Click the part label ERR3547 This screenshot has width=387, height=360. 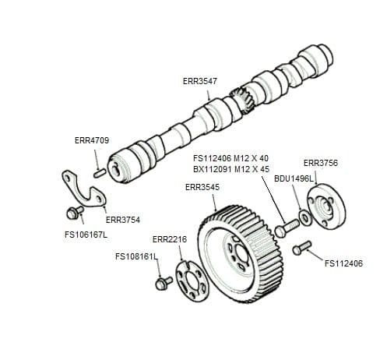click(199, 81)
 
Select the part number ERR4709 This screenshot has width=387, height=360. click(91, 141)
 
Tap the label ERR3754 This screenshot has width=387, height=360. click(122, 220)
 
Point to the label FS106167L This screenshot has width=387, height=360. click(86, 234)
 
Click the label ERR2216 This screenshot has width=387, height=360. click(169, 238)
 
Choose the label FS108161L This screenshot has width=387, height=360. click(135, 256)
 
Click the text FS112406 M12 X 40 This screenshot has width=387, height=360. click(231, 158)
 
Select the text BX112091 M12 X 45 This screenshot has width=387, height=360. click(231, 168)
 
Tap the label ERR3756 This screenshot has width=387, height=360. click(320, 163)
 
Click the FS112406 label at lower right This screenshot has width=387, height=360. click(343, 263)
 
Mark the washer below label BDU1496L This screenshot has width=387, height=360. click(304, 216)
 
